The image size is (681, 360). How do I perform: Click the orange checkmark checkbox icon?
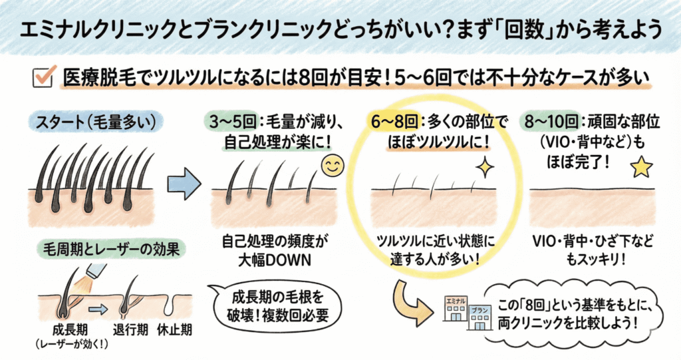click(x=43, y=77)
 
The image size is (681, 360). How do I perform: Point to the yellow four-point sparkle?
click(x=484, y=168)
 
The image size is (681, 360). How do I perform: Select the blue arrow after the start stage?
click(x=184, y=184)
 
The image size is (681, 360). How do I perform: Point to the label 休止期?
click(x=174, y=329)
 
